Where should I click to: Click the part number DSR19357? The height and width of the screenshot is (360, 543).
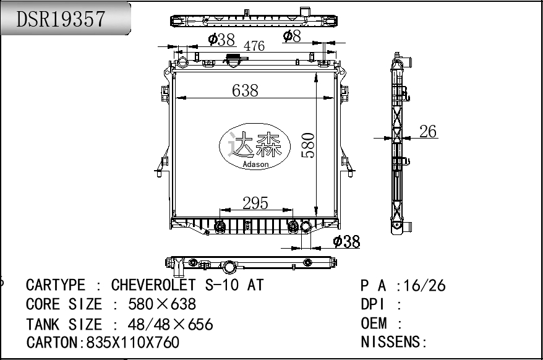click(x=61, y=19)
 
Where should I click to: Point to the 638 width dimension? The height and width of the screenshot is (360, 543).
click(x=245, y=90)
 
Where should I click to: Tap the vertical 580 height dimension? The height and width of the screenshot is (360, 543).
click(x=308, y=145)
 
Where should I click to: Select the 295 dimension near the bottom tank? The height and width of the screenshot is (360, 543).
click(x=255, y=203)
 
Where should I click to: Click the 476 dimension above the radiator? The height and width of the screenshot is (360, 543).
click(x=254, y=46)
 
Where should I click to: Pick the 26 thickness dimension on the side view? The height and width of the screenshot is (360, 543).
click(x=428, y=131)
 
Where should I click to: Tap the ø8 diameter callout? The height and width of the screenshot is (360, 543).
click(x=292, y=36)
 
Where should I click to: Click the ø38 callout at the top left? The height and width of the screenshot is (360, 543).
click(x=221, y=40)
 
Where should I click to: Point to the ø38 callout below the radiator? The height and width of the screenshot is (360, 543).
click(x=346, y=241)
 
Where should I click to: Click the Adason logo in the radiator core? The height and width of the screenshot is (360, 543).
click(x=255, y=147)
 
